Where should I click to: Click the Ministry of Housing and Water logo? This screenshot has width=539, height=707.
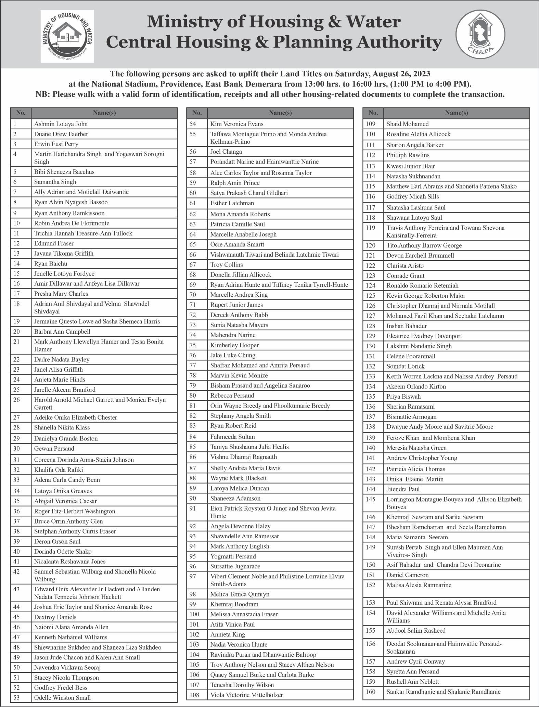(67, 36)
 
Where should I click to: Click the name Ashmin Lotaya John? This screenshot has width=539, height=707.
(61, 124)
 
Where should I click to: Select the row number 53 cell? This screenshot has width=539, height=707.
(21, 697)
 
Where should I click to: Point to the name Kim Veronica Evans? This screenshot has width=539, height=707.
(237, 124)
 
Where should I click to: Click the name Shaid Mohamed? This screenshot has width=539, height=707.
(407, 124)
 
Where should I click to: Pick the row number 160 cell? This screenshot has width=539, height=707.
(373, 691)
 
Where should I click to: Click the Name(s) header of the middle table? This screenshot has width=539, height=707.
(280, 113)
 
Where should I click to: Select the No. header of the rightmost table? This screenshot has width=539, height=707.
(373, 113)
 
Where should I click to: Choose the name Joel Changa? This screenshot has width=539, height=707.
(226, 152)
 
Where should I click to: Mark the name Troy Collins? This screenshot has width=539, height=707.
(227, 265)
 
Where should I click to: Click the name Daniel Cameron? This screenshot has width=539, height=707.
(407, 575)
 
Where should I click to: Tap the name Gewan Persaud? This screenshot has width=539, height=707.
(54, 448)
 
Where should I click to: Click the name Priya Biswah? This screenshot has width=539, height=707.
(403, 396)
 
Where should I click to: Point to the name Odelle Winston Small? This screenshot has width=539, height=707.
(62, 697)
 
